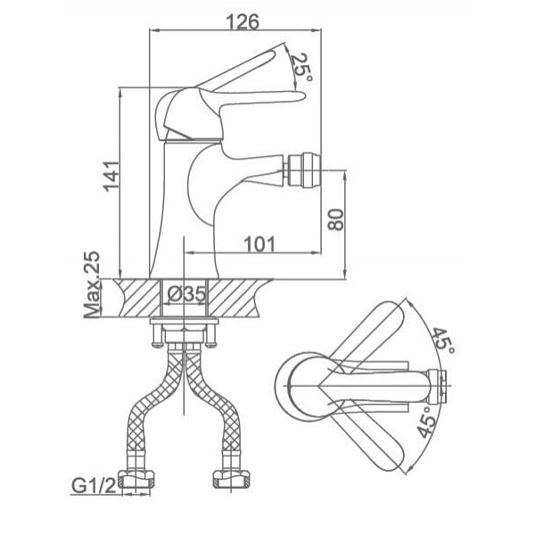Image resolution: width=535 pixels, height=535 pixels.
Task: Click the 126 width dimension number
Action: [243, 21]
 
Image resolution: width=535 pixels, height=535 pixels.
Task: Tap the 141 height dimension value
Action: [111, 176]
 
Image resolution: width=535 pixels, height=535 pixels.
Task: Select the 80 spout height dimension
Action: [336, 219]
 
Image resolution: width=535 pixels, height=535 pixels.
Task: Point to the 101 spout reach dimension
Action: [259, 243]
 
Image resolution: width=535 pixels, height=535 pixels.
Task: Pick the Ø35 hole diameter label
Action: [187, 293]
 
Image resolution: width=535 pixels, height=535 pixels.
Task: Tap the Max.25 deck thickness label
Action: [92, 284]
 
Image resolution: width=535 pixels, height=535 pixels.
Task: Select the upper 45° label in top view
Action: [444, 342]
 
